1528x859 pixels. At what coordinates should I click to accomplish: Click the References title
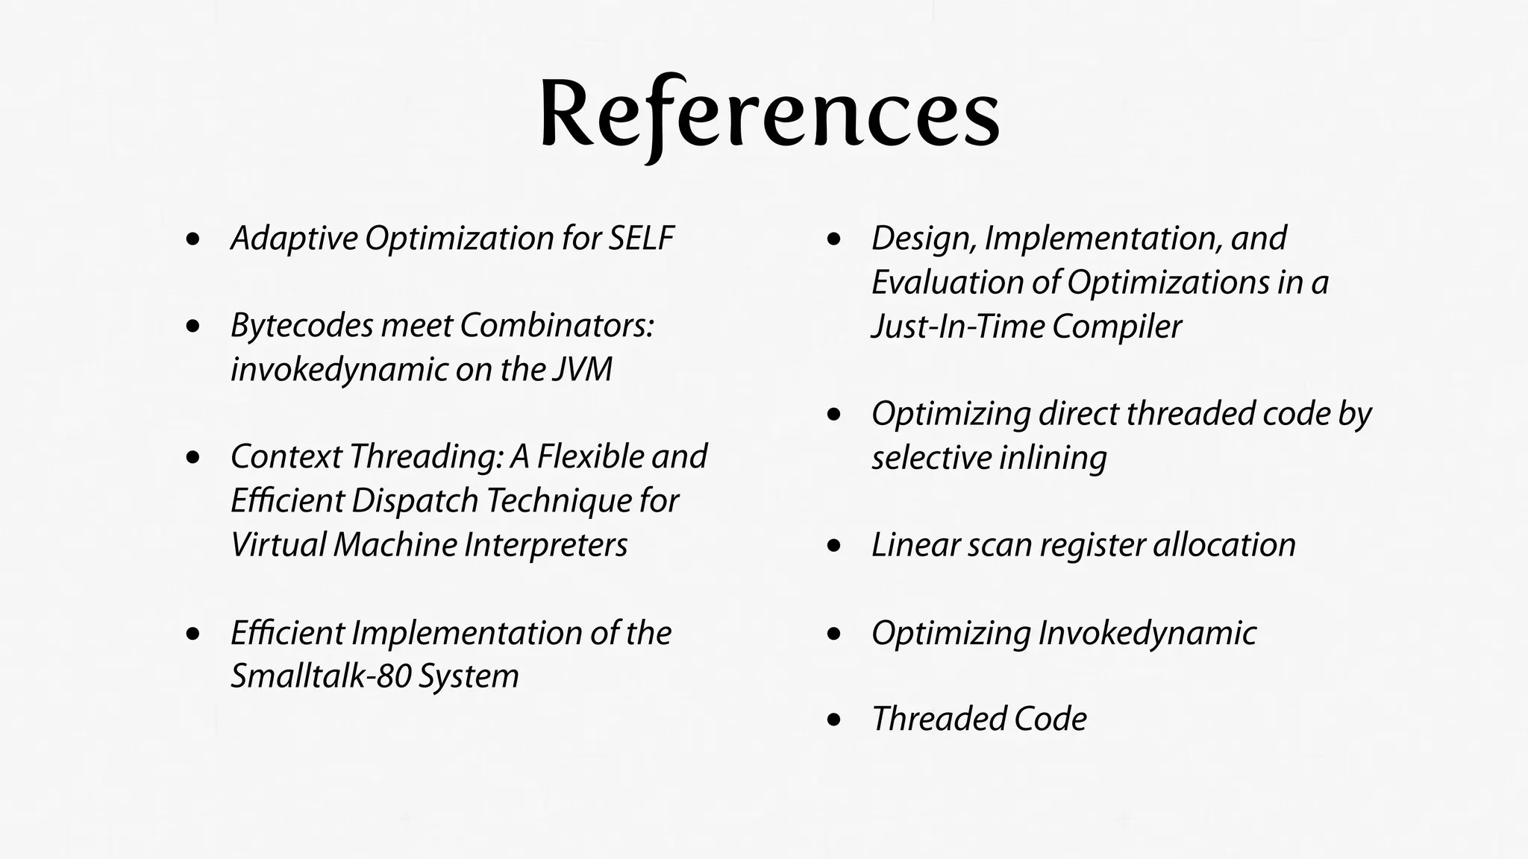pos(769,114)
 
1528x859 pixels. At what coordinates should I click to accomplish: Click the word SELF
pos(642,239)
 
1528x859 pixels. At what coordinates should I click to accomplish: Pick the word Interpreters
pos(545,545)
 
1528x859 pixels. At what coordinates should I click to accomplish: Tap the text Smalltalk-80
pos(320,676)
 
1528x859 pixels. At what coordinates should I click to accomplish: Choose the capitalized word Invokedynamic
pos(1147,633)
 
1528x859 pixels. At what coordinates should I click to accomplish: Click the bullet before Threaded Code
pos(835,720)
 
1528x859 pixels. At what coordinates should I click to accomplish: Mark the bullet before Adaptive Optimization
pos(194,240)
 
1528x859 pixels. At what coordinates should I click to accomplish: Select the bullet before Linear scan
pos(835,547)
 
